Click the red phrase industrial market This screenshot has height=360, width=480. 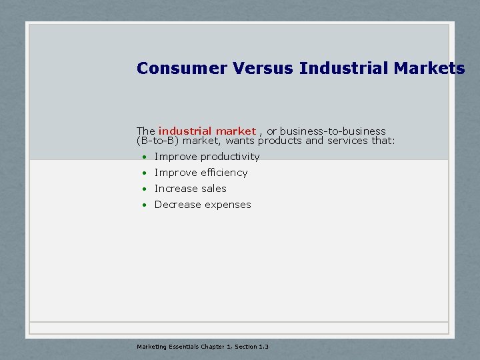click(207, 131)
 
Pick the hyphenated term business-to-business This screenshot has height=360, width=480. click(333, 131)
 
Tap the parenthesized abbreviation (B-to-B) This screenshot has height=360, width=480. click(158, 141)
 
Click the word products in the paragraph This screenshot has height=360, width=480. click(280, 141)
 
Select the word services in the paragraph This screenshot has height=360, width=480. click(349, 141)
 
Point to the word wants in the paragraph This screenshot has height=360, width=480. click(241, 141)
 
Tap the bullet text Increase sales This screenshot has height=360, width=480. click(191, 189)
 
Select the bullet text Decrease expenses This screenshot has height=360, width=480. click(203, 205)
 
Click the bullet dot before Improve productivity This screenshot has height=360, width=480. click(143, 157)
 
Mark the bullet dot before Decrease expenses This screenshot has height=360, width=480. click(143, 205)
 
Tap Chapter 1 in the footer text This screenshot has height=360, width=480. click(211, 347)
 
